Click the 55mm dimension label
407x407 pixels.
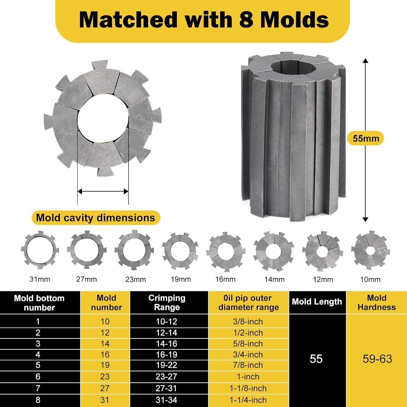tap(365, 138)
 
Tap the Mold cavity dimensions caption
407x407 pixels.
tap(96, 218)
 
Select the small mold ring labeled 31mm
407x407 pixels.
tap(40, 250)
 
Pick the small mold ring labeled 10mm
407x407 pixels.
tap(370, 250)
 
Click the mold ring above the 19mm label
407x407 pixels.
tap(180, 251)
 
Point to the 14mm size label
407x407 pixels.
tap(274, 279)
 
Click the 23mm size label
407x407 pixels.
tap(135, 279)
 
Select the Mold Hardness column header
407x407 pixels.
tap(377, 303)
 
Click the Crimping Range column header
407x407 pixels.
tap(167, 303)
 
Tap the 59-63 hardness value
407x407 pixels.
tap(377, 359)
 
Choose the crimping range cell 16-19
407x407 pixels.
tap(167, 355)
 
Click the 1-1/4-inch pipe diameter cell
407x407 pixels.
tap(248, 400)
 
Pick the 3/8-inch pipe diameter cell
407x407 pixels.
tap(248, 322)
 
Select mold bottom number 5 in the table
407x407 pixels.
tap(38, 365)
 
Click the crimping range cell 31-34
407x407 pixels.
tap(167, 400)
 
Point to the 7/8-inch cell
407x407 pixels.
tap(248, 365)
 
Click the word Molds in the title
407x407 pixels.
tap(295, 20)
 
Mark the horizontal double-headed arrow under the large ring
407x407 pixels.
tap(103, 192)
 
